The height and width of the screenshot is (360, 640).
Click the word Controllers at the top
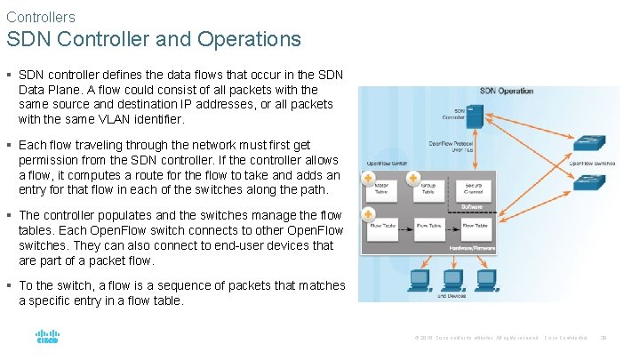coord(40,17)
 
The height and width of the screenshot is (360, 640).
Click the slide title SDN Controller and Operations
coord(154,40)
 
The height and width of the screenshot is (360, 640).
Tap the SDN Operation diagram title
coord(506,91)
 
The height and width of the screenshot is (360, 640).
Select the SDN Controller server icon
coord(475,116)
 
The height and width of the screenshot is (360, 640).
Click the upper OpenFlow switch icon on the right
coord(587,143)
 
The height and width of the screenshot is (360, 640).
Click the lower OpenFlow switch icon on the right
coord(587,182)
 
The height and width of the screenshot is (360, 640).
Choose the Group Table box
coord(428,188)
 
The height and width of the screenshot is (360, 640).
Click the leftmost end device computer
coord(419,280)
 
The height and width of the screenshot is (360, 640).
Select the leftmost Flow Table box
coord(383,228)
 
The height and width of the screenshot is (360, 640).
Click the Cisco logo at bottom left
coord(46,339)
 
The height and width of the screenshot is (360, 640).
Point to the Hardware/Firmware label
coord(472,247)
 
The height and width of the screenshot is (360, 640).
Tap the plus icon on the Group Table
coord(413,179)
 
